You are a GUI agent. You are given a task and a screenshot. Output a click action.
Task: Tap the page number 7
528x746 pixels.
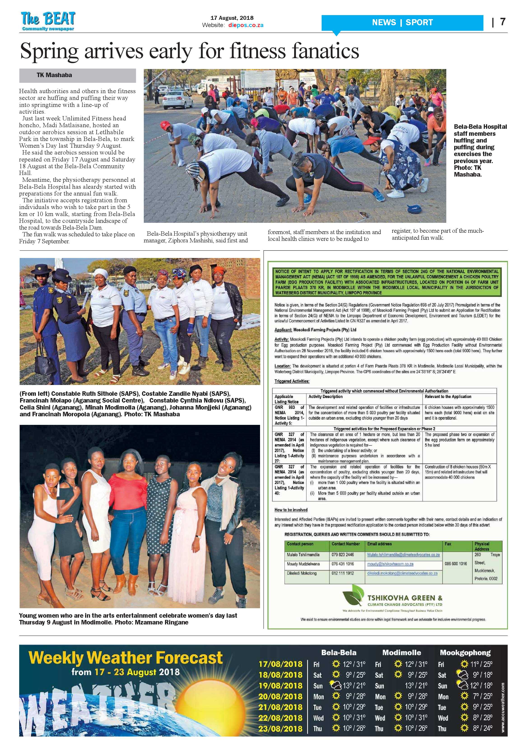(503, 22)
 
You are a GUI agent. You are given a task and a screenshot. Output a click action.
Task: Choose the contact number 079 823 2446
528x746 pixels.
(343, 555)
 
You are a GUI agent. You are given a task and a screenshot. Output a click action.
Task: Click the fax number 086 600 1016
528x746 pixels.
(456, 564)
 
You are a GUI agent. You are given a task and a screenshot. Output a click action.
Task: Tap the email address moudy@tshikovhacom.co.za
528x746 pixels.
(390, 564)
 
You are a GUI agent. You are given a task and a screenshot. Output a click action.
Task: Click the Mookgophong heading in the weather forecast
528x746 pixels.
(465, 652)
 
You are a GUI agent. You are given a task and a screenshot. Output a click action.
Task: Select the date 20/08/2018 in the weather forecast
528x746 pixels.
(280, 696)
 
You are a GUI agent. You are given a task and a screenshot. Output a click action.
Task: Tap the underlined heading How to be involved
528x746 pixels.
(291, 510)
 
